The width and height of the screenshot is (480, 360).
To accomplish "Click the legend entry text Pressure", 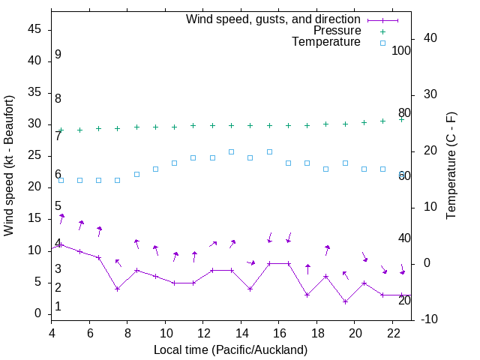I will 337,31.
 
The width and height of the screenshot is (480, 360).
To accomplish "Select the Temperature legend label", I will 326,43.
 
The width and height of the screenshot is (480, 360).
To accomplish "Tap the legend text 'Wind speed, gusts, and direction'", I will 274,19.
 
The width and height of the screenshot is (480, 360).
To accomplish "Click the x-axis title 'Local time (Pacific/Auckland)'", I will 230,349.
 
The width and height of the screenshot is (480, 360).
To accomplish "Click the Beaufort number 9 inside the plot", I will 58,55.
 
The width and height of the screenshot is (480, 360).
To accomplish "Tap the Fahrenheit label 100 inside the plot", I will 401,50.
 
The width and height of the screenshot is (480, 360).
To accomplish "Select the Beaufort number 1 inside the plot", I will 58,307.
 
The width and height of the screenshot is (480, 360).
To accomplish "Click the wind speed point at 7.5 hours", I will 118,289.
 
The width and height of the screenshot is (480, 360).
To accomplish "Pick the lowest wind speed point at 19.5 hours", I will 345,301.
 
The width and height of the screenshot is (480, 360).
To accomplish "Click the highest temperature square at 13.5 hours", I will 231,151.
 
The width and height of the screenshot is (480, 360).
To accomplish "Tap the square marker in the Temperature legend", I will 382,43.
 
